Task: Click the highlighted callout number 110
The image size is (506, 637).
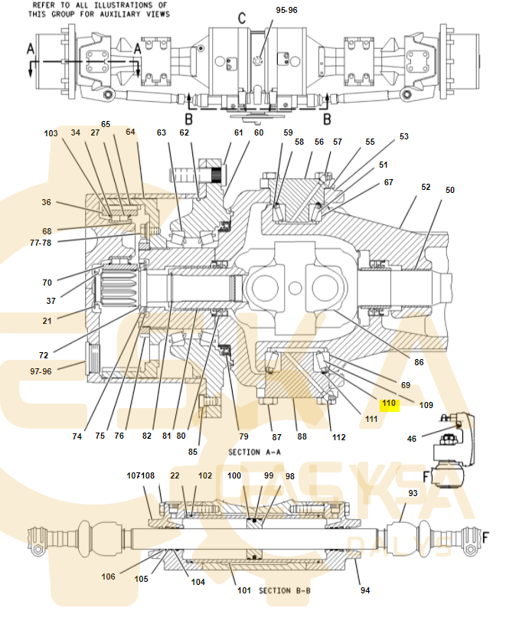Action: click(389, 403)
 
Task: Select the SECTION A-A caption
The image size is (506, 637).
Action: click(255, 452)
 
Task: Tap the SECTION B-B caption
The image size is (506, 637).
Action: click(285, 590)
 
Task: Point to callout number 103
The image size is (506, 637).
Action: click(51, 133)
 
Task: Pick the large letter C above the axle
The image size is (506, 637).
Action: click(241, 18)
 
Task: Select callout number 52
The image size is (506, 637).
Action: click(426, 187)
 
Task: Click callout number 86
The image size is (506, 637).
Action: click(419, 362)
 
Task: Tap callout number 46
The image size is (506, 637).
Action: click(412, 439)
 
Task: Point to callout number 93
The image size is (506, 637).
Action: click(413, 493)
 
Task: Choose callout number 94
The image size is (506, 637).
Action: click(365, 590)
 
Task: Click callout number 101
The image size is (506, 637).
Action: click(244, 590)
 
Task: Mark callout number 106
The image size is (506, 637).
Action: click(109, 577)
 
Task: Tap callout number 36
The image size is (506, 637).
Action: click(47, 203)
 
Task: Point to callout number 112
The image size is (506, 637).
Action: click(338, 437)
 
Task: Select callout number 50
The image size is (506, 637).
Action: click(450, 190)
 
